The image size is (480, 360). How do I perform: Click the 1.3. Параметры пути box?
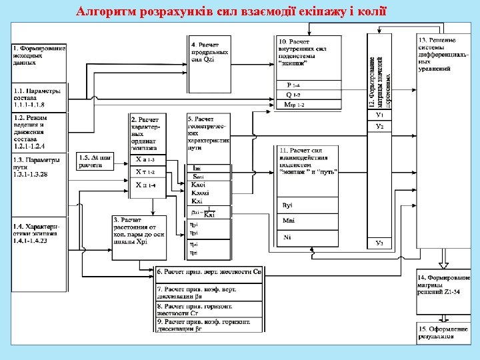39,167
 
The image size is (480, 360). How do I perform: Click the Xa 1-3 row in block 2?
146,160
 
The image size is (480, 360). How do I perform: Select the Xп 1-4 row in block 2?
146,184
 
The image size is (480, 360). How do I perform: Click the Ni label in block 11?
288,237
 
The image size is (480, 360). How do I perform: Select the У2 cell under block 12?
379,126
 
